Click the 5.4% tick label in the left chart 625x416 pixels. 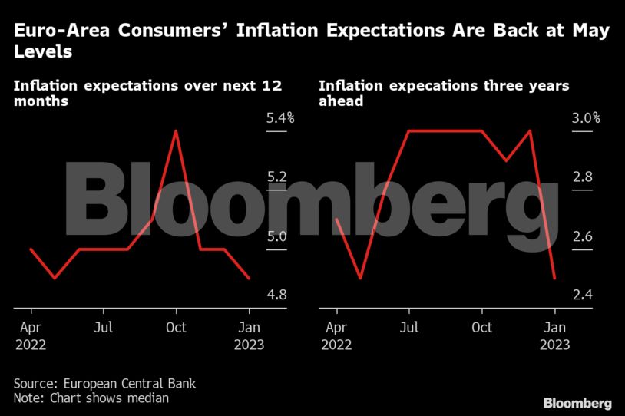(x=280, y=119)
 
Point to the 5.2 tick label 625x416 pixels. (x=276, y=177)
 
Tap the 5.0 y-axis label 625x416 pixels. (x=276, y=236)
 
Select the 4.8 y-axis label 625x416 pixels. (x=276, y=295)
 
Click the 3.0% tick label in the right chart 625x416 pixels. (x=586, y=119)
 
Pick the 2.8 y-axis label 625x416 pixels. (x=582, y=177)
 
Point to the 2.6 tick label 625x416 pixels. (x=582, y=236)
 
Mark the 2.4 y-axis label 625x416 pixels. (x=582, y=295)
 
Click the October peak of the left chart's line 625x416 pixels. (x=177, y=130)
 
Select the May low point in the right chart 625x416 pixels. (x=360, y=278)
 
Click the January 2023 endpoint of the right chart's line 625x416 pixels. (x=554, y=278)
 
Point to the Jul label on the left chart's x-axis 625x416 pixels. (x=104, y=328)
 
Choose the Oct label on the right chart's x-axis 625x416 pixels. (x=482, y=328)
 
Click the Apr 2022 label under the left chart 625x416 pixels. (x=31, y=336)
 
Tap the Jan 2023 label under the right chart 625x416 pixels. (x=554, y=336)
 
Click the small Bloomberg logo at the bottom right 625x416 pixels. (x=577, y=402)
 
